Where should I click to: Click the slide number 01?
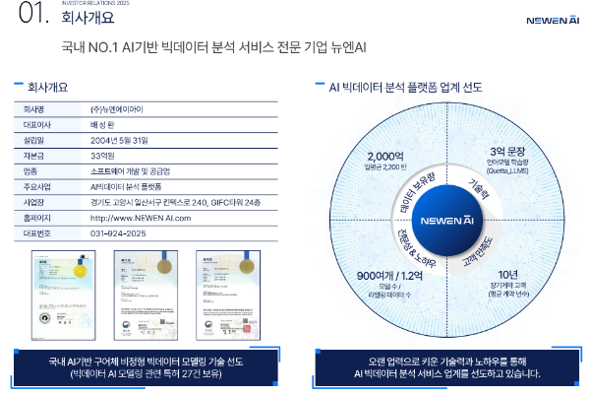[32, 15]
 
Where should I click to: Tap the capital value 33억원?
[103, 155]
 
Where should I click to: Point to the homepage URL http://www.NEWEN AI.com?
[140, 218]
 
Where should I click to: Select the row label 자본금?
[36, 155]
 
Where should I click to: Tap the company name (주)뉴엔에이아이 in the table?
[116, 108]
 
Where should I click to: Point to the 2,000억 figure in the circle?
[384, 156]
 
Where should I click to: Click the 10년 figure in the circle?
[507, 274]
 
